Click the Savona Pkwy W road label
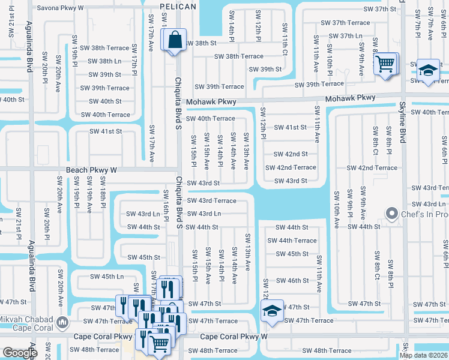(61, 8)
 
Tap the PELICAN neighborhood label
(178, 6)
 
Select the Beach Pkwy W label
(91, 170)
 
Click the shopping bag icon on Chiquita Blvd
(173, 40)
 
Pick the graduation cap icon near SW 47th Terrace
(272, 311)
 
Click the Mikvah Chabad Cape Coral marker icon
(62, 323)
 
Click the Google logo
(20, 352)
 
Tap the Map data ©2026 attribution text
(423, 355)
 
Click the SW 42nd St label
(291, 154)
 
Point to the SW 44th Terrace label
(292, 241)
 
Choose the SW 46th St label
(292, 280)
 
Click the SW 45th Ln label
(107, 277)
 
